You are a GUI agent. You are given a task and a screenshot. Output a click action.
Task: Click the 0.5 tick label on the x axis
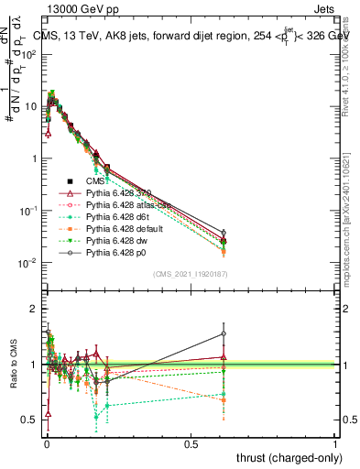coord(191,443)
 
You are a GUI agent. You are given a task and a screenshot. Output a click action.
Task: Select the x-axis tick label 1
coord(335,443)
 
